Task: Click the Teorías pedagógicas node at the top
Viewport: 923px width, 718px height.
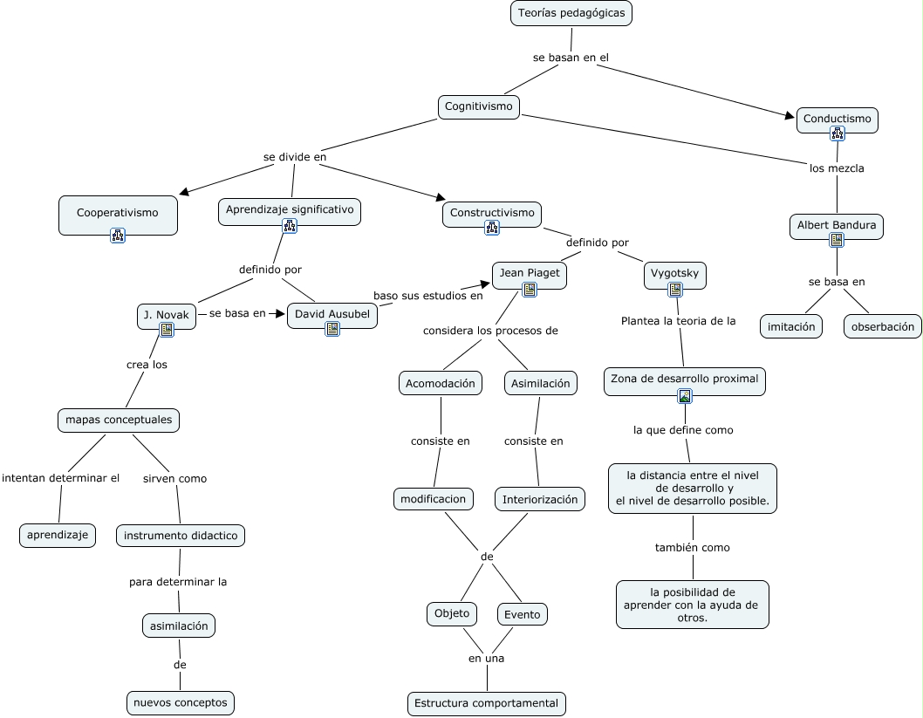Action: [x=571, y=13]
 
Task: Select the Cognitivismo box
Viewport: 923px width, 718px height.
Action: [x=478, y=106]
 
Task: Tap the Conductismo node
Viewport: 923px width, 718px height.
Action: [x=837, y=119]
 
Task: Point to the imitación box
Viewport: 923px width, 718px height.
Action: [x=791, y=326]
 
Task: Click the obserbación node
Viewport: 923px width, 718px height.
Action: [x=882, y=326]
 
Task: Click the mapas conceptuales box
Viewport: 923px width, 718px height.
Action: [x=119, y=420]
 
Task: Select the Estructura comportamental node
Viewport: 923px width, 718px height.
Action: [x=486, y=703]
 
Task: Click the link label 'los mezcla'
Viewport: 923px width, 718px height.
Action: [x=837, y=168]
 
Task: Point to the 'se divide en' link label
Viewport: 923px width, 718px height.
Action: [x=295, y=157]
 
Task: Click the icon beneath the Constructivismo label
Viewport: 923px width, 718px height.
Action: [x=491, y=228]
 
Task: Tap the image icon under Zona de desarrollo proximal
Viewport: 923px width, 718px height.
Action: [x=685, y=396]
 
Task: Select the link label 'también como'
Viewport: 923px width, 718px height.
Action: [x=692, y=548]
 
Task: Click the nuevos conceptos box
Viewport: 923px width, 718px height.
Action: [x=181, y=702]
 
